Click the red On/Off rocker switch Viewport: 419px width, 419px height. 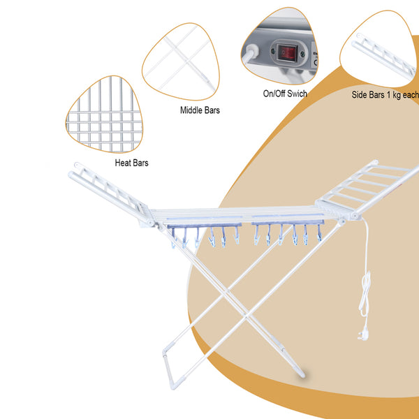(x=287, y=52)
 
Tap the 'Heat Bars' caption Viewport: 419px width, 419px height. (x=131, y=163)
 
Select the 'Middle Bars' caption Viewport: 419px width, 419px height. (x=200, y=110)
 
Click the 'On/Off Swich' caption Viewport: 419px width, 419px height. (x=285, y=94)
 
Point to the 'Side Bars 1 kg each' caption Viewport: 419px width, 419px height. (x=385, y=94)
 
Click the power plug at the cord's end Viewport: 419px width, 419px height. (x=362, y=335)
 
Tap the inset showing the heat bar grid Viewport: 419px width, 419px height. (x=104, y=115)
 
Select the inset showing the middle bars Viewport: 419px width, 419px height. (x=181, y=61)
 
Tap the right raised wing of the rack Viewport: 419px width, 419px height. (x=368, y=189)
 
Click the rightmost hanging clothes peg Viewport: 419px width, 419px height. (x=319, y=233)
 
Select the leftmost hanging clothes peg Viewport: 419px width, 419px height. (x=173, y=237)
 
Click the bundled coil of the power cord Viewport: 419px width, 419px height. (x=365, y=294)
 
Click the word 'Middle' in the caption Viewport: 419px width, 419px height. (x=191, y=110)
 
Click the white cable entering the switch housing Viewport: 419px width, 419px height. (x=249, y=53)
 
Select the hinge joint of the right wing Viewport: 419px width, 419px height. (x=355, y=215)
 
